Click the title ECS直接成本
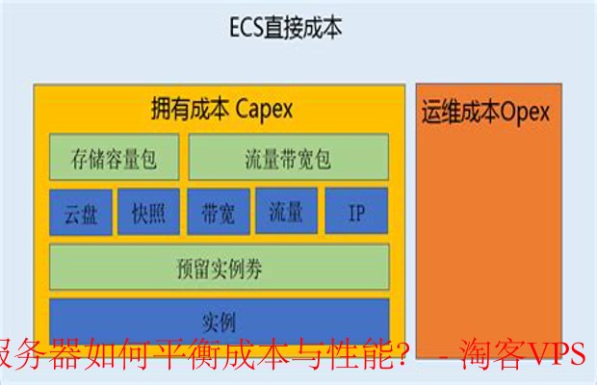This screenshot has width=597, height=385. coord(286,27)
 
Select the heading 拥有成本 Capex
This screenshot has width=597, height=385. coord(222,109)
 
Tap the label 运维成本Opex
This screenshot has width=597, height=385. coord(485,112)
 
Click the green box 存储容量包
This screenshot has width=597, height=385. coord(115,157)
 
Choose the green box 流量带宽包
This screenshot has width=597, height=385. coord(289,157)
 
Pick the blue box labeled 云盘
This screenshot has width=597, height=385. coord(81,213)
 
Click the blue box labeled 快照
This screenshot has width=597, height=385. coord(148,212)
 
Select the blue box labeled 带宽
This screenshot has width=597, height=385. coord(219,212)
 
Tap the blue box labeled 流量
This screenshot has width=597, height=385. coord(286,211)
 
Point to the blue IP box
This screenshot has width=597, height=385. coord(356,211)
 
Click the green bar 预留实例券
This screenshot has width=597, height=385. coord(220,268)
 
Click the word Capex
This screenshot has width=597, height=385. coord(264,110)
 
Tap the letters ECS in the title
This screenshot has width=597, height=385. coord(247,27)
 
